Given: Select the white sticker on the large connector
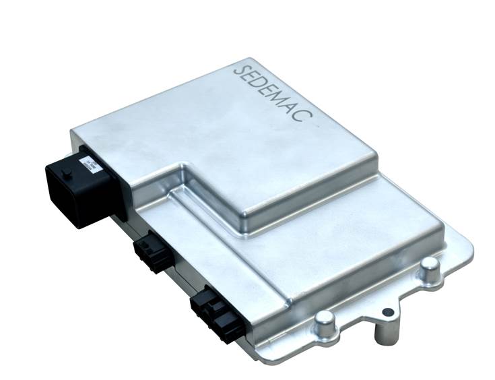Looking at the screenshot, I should pyautogui.click(x=90, y=166).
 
